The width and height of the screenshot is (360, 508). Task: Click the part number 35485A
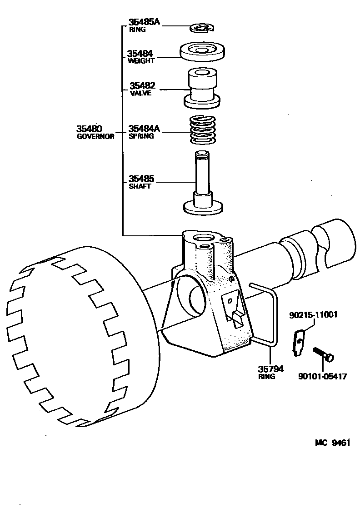(x=144, y=22)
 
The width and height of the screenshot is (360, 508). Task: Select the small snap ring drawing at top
(x=201, y=28)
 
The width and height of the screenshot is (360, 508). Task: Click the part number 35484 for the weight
(x=141, y=53)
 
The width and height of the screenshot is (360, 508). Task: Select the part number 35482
(x=142, y=85)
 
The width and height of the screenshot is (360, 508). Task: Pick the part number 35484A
(x=145, y=129)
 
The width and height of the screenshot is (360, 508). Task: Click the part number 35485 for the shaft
(x=141, y=179)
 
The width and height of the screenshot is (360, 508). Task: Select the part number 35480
(x=90, y=129)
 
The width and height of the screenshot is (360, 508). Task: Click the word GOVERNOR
(x=95, y=136)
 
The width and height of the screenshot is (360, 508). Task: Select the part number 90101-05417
(x=322, y=376)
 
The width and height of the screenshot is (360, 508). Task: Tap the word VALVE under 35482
(x=140, y=93)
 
